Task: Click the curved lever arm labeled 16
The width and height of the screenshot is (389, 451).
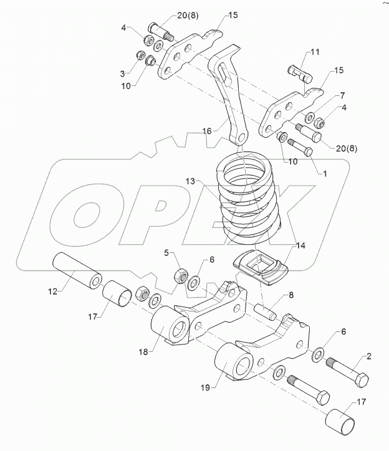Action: (228, 93)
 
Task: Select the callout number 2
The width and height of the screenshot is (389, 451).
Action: (368, 357)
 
